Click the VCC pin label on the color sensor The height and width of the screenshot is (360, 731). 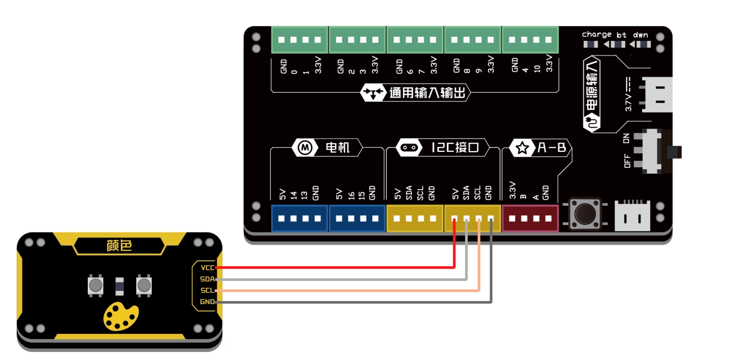point(207,267)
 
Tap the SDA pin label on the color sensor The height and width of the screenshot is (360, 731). point(207,279)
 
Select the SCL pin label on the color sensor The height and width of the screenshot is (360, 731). point(207,290)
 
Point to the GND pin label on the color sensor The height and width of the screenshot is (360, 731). point(207,302)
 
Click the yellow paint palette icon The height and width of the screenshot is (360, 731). point(121,316)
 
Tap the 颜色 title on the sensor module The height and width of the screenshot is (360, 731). point(119,246)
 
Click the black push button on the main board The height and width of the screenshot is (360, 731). point(585,213)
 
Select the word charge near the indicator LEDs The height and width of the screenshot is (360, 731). point(596,35)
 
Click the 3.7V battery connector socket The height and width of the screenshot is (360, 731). point(656,95)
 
